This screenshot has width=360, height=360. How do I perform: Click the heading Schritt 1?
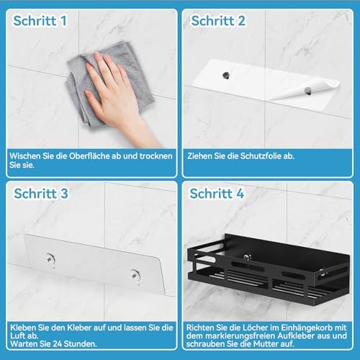point(40,21)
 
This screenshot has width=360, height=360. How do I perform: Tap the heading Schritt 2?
point(218,21)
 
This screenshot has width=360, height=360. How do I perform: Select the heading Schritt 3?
point(41,194)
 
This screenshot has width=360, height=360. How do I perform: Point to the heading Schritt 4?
point(217,194)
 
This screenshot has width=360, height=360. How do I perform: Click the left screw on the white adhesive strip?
point(225,75)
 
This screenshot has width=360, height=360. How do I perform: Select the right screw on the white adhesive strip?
point(307,91)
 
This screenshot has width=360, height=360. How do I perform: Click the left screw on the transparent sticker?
point(50,258)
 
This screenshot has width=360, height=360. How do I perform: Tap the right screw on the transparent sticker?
point(135,275)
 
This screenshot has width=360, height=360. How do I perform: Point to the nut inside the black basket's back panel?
point(246,257)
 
